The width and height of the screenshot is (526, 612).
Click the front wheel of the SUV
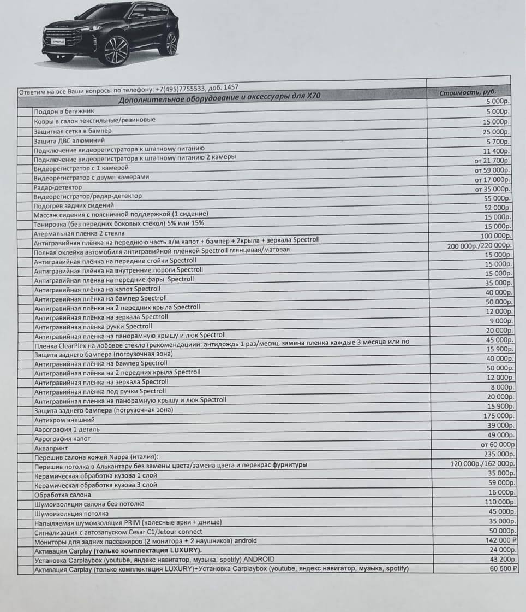coord(116,50)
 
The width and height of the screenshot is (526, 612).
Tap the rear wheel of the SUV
coord(169,43)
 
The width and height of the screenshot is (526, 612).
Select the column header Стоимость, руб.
coord(468,92)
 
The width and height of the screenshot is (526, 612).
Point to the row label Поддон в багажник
coord(64,111)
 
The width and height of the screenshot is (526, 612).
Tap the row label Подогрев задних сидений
coord(74,205)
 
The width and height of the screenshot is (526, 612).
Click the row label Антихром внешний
coord(64,420)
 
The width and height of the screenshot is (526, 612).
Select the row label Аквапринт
coord(51,448)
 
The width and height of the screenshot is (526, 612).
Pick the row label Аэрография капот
coord(62,439)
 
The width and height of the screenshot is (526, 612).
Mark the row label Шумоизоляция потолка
coord(71,514)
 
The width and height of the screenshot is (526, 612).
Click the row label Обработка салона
coord(62,495)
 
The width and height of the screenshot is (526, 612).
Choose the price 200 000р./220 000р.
coord(480,245)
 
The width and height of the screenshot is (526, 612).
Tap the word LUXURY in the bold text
coord(183,550)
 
